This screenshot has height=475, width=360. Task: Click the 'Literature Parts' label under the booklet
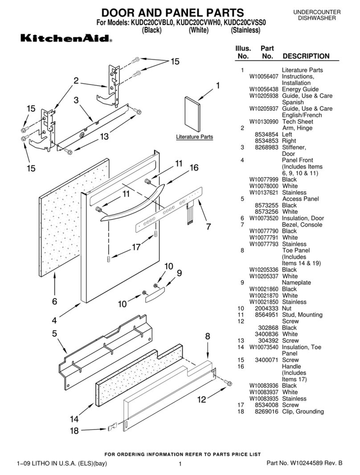[194, 137]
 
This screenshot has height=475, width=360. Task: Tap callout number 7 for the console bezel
[208, 226]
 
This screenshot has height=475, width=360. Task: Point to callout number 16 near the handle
[194, 168]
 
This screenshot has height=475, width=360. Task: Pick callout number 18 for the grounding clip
[74, 430]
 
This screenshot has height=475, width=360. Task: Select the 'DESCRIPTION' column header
[306, 56]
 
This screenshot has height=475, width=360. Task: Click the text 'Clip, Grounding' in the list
[303, 411]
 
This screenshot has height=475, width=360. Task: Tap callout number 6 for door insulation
[54, 302]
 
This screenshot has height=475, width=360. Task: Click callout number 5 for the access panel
[54, 333]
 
